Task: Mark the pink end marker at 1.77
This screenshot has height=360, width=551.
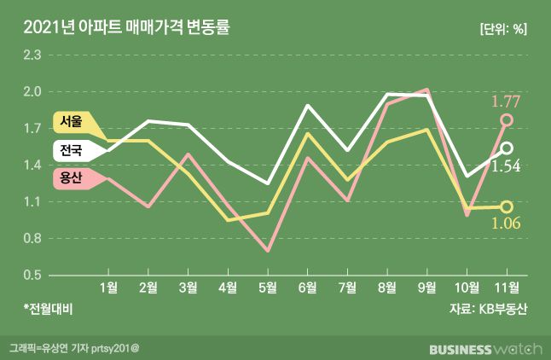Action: tap(507, 120)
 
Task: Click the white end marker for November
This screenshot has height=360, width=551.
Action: tap(507, 148)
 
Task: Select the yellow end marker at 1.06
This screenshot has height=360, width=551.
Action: tap(507, 206)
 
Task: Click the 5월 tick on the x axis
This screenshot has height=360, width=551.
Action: tap(267, 287)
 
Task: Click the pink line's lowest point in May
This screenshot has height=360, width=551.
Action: tap(268, 251)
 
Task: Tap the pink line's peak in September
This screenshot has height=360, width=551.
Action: tap(426, 90)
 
